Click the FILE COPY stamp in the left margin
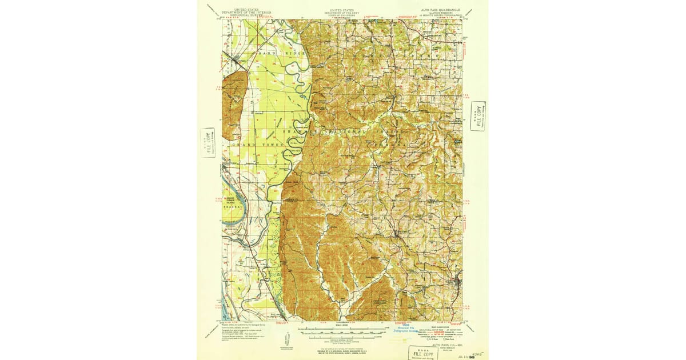[x=208, y=143]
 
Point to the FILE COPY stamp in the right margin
[x=478, y=116]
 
